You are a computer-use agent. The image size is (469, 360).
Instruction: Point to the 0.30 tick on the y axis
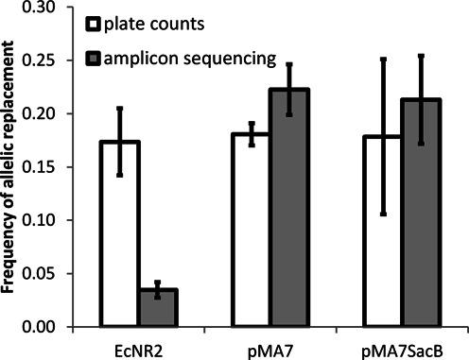coord(43,8)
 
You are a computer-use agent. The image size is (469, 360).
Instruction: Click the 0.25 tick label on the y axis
coord(43,61)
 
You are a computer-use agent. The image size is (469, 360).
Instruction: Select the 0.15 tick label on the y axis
coord(43,167)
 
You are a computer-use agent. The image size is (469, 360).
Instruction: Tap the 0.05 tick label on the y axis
coord(43,274)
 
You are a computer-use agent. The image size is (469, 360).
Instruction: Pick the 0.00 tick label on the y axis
coord(43,327)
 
